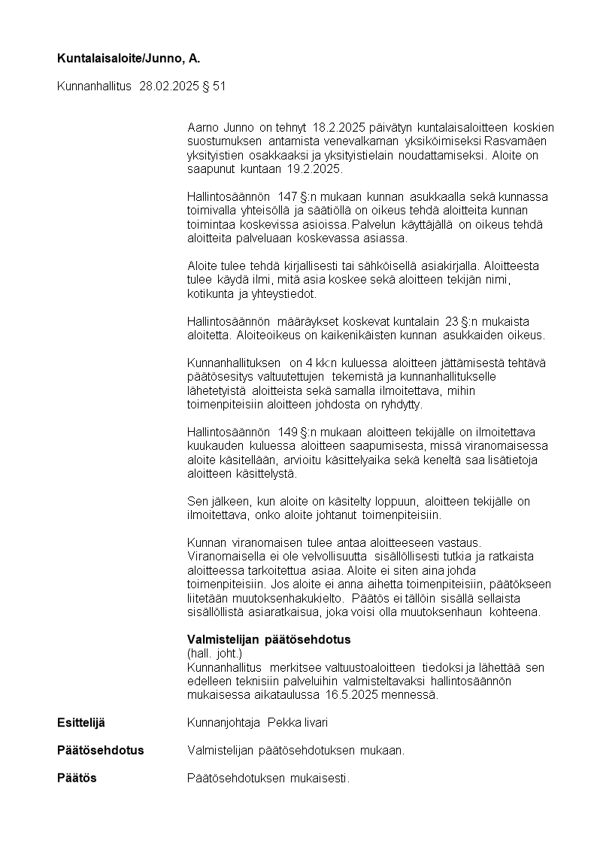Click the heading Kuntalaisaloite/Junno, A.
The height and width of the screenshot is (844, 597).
[x=129, y=58]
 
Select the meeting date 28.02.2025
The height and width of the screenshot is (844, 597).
[x=169, y=87]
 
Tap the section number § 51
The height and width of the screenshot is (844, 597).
[x=214, y=87]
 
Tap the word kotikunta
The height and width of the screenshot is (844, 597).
[x=210, y=294]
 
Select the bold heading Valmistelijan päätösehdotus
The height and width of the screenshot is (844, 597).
[x=268, y=639]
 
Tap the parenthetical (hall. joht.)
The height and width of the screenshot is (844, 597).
[x=214, y=654]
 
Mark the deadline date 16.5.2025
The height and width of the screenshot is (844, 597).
[x=356, y=695]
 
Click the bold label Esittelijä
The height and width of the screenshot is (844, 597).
[x=81, y=723]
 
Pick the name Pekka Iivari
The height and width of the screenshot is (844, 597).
[x=298, y=723]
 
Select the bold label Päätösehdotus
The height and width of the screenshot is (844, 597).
[x=100, y=751]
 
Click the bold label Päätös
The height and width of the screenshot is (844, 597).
[x=77, y=778]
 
